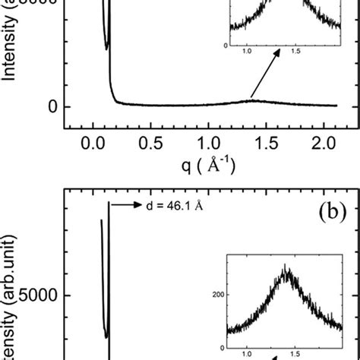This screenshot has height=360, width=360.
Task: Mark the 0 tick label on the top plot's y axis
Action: [53, 106]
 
